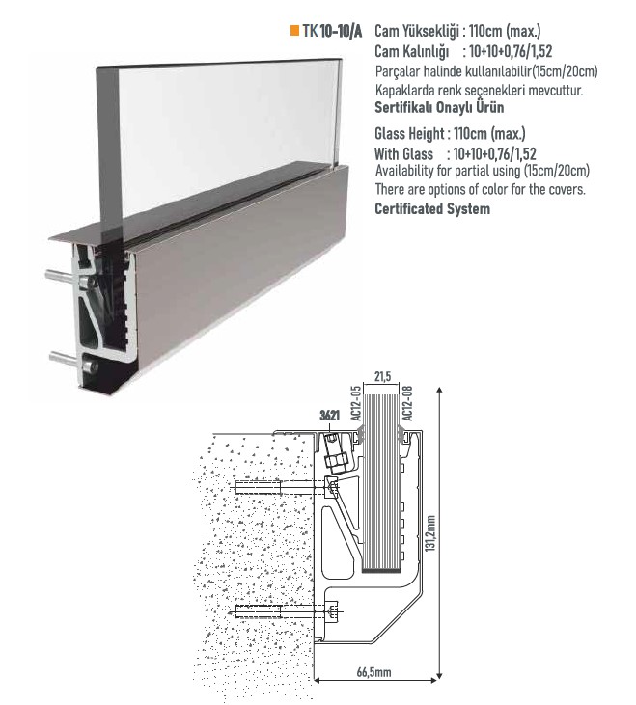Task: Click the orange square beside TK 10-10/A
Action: (x=294, y=31)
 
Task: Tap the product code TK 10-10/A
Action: (x=332, y=31)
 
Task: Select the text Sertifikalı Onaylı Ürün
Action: (x=439, y=108)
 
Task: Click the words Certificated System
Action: (x=432, y=209)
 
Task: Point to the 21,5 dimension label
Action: (x=382, y=376)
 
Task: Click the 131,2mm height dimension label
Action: (x=430, y=533)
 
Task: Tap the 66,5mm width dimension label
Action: (x=373, y=672)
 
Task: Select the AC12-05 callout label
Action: (x=356, y=403)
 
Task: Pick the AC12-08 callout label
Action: (x=407, y=403)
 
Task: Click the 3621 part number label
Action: (x=330, y=415)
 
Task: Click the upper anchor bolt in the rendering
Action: (x=62, y=276)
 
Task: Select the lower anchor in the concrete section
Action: (x=288, y=611)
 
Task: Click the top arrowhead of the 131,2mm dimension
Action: (x=440, y=391)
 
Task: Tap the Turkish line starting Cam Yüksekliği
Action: (x=457, y=31)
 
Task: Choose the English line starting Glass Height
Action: (x=450, y=134)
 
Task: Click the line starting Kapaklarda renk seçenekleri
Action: (x=479, y=91)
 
